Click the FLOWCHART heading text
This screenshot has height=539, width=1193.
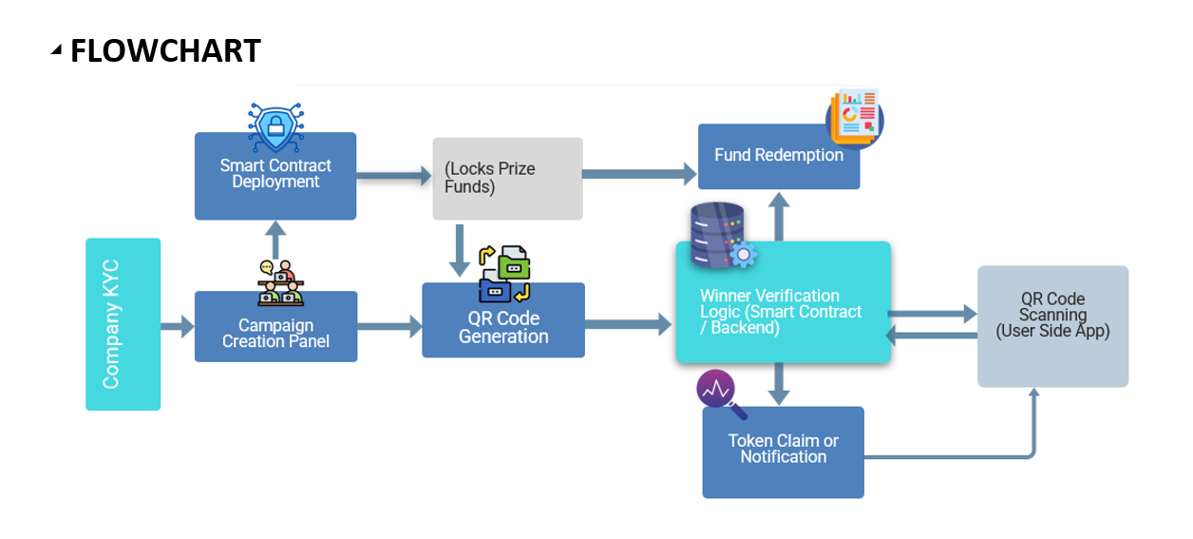pos(165,50)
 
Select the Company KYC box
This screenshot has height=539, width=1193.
pos(123,324)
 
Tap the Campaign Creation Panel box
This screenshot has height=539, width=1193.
pos(275,327)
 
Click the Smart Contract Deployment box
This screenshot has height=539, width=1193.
pos(275,176)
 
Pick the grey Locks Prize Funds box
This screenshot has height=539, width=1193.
pos(507,179)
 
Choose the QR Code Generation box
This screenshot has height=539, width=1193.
pos(503,321)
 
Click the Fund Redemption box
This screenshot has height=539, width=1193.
pos(779,157)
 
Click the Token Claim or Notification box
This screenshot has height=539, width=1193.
pos(783,452)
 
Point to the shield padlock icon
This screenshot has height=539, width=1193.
pos(275,126)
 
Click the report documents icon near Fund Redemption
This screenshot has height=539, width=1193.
pos(854,117)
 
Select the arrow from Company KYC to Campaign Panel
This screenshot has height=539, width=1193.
pos(177,327)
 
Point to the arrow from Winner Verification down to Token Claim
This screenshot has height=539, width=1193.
pos(779,384)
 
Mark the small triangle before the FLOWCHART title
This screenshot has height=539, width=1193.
pos(57,50)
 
